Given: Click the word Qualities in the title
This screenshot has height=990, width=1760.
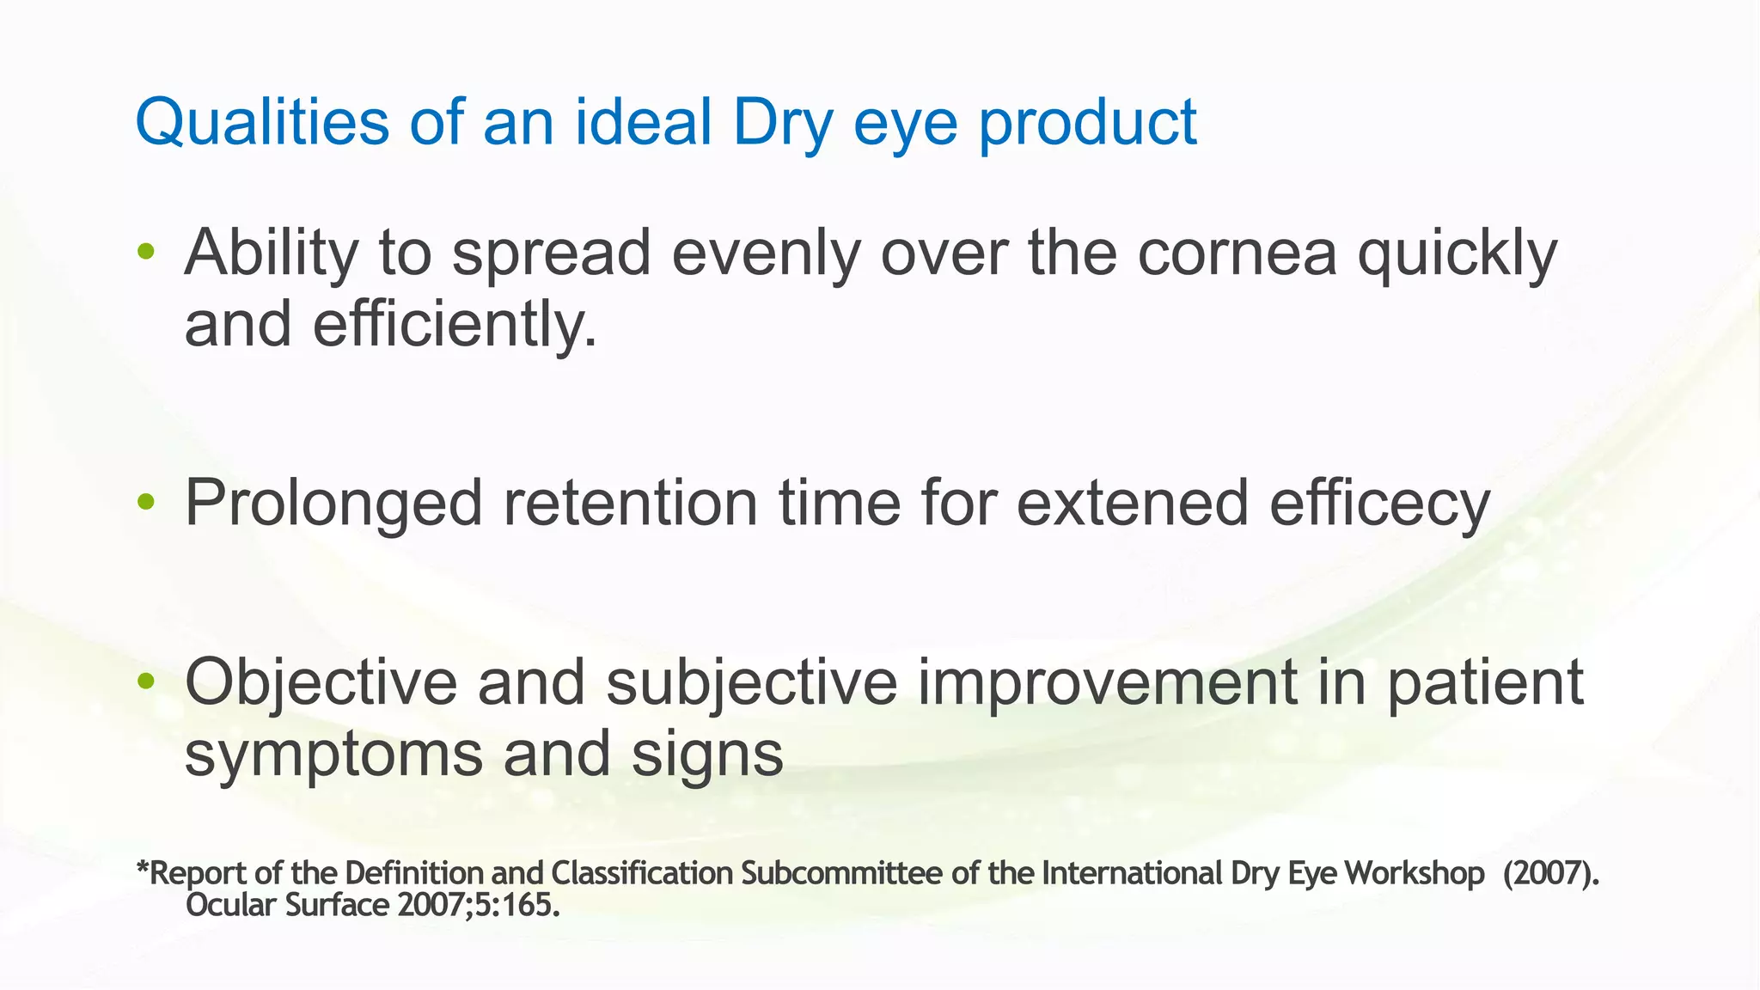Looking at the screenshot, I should click(x=262, y=122).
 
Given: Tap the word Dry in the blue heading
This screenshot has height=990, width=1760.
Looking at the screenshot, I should click(x=782, y=122).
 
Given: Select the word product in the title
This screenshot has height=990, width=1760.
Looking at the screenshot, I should click(x=1087, y=122).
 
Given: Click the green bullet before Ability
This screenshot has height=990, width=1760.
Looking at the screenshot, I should click(x=146, y=252).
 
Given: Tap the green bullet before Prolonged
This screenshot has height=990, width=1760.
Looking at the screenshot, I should click(x=146, y=503).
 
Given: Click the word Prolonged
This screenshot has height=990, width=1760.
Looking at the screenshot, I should click(x=333, y=504).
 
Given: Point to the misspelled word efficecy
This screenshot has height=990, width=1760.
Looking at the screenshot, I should click(x=1379, y=504).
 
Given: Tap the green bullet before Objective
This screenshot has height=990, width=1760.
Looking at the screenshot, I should click(x=146, y=681).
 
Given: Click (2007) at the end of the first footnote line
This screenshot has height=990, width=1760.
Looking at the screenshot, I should click(x=1551, y=873).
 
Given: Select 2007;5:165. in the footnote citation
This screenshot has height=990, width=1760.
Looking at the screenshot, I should click(x=479, y=905).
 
